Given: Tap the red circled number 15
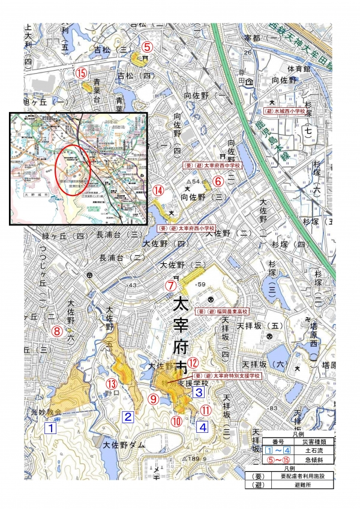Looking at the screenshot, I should (82, 73).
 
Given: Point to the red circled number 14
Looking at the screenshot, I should (158, 190).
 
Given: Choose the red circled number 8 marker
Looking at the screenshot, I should (58, 330).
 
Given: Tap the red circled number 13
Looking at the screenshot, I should (111, 384).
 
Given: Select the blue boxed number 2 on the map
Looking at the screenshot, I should (128, 417).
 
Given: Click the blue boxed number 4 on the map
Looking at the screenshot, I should (203, 427).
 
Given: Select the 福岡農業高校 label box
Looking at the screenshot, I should (223, 312).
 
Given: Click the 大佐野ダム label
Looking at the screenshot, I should (124, 445).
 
